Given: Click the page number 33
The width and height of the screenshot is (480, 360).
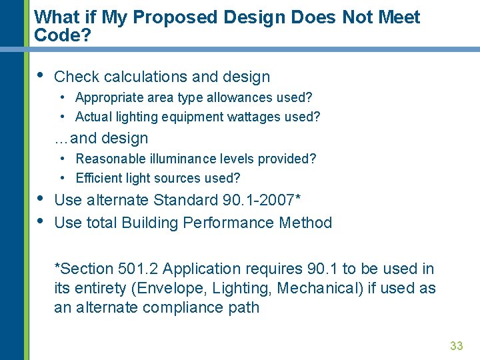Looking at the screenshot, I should [x=457, y=345].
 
